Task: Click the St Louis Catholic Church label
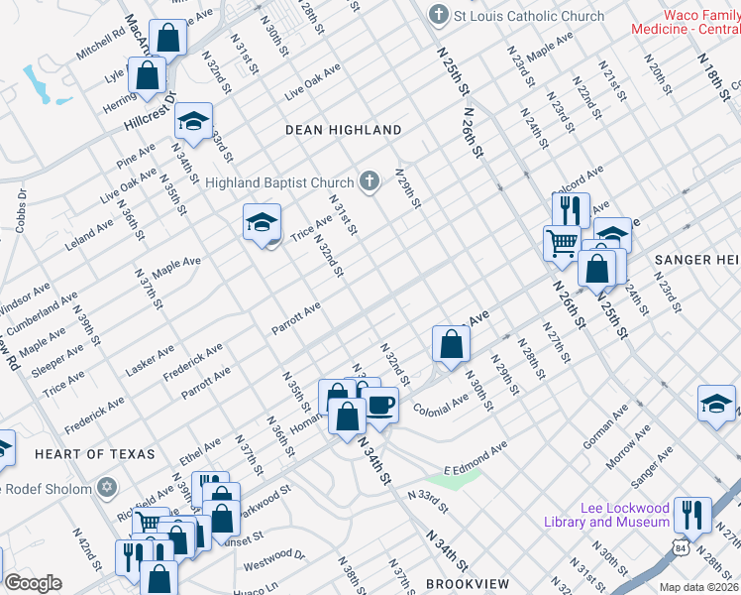[x=529, y=16]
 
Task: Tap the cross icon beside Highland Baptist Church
[x=370, y=181]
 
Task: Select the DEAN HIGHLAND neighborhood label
[x=344, y=130]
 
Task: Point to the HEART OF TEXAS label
[x=95, y=453]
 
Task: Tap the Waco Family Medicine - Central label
[x=687, y=22]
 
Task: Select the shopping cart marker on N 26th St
[x=562, y=241]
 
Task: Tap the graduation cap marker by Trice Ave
[x=263, y=222]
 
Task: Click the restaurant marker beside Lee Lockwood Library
[x=692, y=515]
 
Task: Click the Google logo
[x=33, y=583]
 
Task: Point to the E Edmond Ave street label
[x=476, y=457]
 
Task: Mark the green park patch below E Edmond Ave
[x=459, y=480]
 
